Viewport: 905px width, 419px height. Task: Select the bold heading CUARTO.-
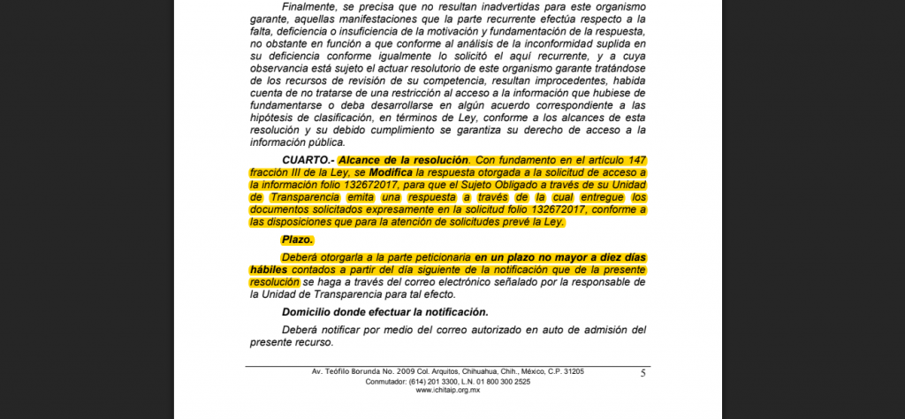click(308, 159)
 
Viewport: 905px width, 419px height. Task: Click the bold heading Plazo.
click(298, 240)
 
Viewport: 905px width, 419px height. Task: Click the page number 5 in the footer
click(643, 374)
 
